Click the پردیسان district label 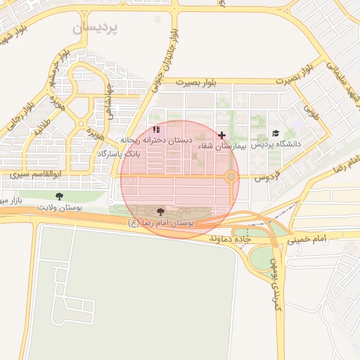[x=96, y=27]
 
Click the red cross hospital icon [x=222, y=135]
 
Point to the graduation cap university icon [x=276, y=134]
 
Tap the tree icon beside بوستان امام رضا [x=160, y=211]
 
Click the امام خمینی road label [x=308, y=240]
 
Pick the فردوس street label [x=267, y=174]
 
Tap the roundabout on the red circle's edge [x=231, y=177]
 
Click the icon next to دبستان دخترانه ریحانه [x=156, y=129]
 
